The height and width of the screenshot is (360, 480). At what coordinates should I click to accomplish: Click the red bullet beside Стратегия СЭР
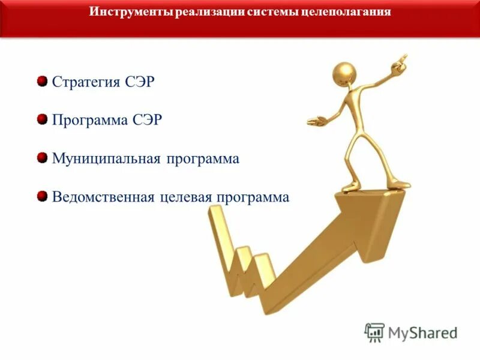42,81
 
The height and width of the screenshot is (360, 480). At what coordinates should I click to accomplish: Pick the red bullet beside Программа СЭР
42,119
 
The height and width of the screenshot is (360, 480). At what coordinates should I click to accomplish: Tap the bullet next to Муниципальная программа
42,158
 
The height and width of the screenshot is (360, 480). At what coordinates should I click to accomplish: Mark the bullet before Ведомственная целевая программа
42,196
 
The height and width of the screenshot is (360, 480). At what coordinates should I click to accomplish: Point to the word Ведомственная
104,197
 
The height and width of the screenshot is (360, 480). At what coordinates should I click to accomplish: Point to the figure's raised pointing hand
401,61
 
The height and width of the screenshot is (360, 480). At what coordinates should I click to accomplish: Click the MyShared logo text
423,332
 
